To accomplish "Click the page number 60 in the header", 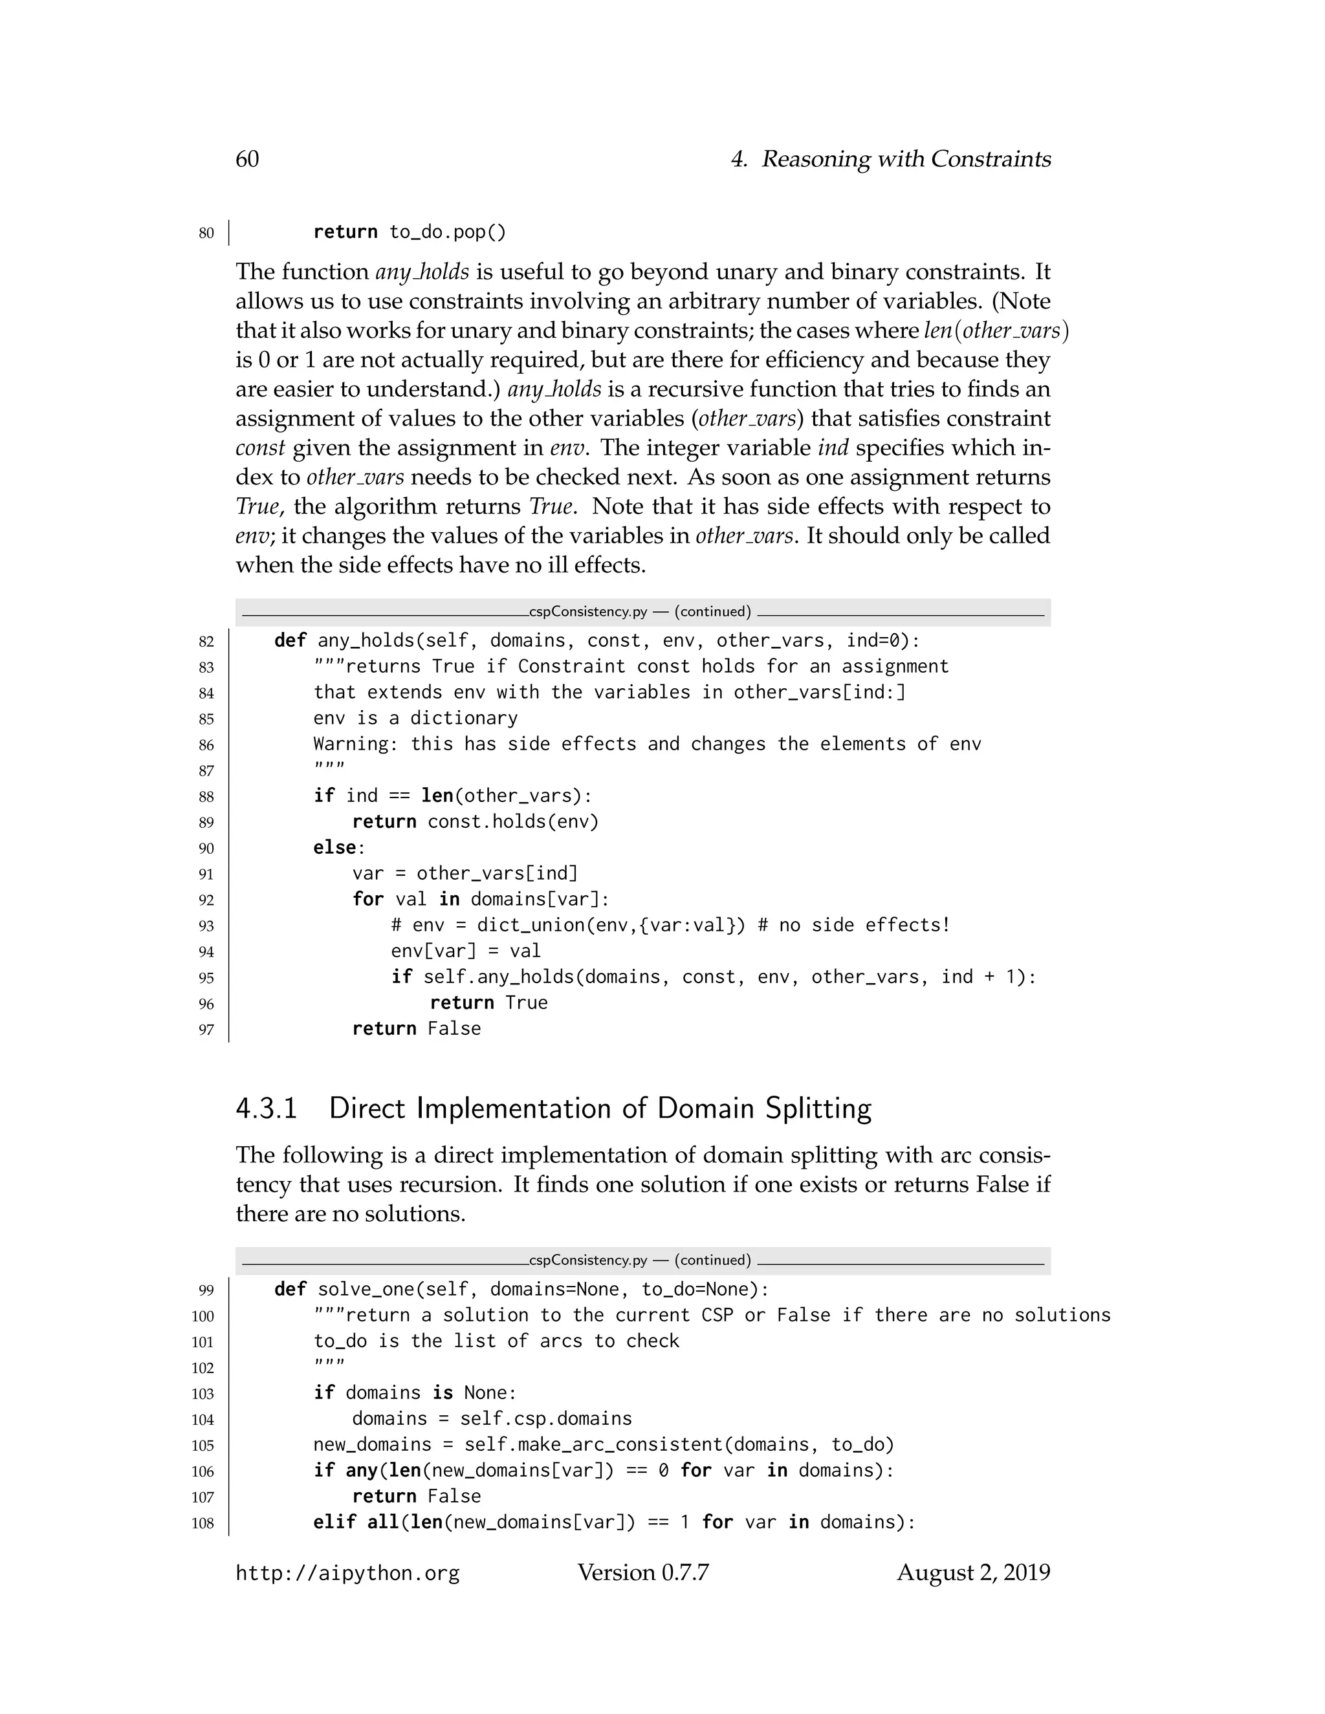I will (x=247, y=159).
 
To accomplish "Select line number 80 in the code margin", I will (x=206, y=233).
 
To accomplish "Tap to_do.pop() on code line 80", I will (x=448, y=232).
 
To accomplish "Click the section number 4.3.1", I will (x=267, y=1108).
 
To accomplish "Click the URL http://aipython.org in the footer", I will (x=347, y=1573).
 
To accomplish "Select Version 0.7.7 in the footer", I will (x=643, y=1573).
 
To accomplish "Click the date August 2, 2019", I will (x=973, y=1573).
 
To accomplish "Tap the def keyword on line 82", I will (x=290, y=640).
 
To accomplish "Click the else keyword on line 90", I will (x=334, y=847).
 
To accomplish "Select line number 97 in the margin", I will (x=206, y=1030).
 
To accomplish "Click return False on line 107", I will (x=416, y=1496).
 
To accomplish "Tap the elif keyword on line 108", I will (x=334, y=1522).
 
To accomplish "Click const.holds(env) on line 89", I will (x=512, y=821).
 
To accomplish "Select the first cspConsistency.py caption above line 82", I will (x=640, y=611).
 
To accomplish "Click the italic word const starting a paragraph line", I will (x=260, y=448).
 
